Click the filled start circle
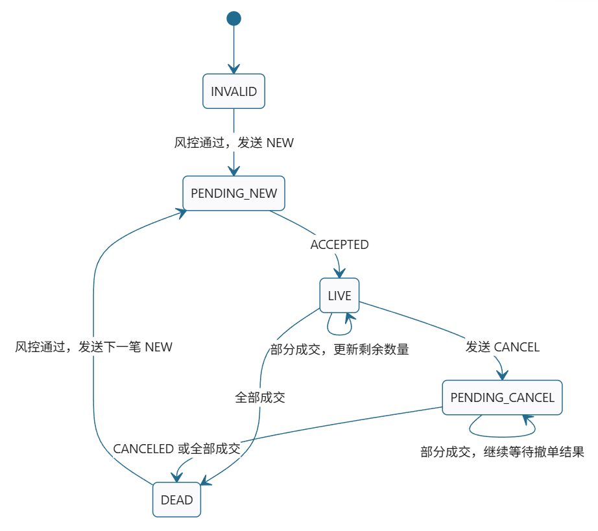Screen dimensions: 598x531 tap(233, 18)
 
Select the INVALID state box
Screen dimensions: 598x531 tap(233, 91)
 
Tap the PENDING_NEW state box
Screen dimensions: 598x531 tap(233, 193)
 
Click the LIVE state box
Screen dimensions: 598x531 tap(339, 296)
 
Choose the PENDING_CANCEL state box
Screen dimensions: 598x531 tap(502, 397)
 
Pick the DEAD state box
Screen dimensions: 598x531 tap(176, 500)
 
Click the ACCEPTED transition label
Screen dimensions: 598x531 tap(339, 244)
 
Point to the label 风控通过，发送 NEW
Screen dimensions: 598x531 tap(233, 143)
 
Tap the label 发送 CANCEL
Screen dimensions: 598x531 tap(502, 347)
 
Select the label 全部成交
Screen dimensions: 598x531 tap(259, 397)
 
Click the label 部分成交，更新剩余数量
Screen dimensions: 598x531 tap(339, 349)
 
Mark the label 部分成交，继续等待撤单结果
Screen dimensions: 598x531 tap(502, 452)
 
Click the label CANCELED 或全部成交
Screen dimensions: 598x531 tap(176, 449)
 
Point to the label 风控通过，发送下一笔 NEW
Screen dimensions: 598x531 tap(93, 347)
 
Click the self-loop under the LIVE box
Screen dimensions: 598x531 tap(339, 335)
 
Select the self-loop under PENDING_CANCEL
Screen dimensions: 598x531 tap(502, 436)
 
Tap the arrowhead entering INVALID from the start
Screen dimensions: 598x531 tap(233, 69)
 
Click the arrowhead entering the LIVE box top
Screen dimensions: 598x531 tap(339, 273)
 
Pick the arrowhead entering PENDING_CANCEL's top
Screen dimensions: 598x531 tap(503, 375)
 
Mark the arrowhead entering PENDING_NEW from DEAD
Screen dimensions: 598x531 tap(181, 212)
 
